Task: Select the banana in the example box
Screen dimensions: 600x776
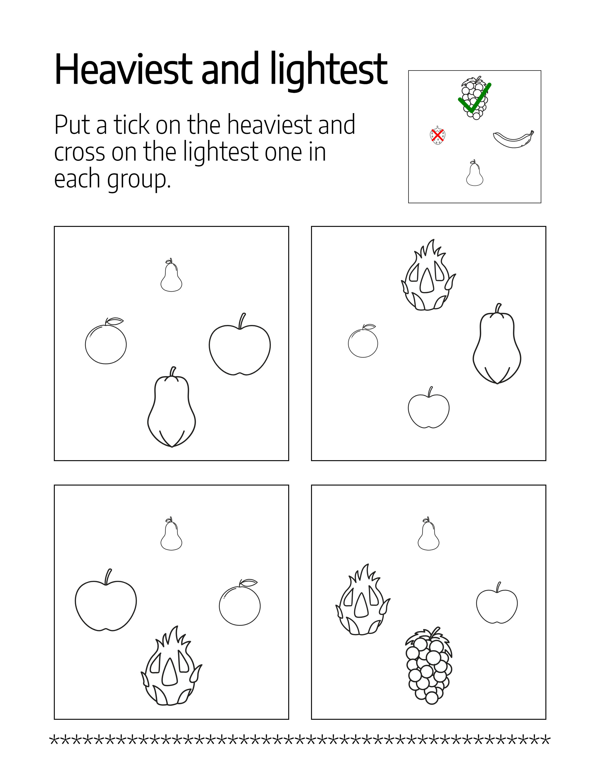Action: (x=513, y=139)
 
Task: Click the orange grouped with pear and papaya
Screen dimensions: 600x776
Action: (x=106, y=341)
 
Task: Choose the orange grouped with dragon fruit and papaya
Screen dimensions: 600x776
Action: (x=363, y=341)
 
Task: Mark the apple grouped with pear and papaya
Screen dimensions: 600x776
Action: (x=240, y=344)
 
